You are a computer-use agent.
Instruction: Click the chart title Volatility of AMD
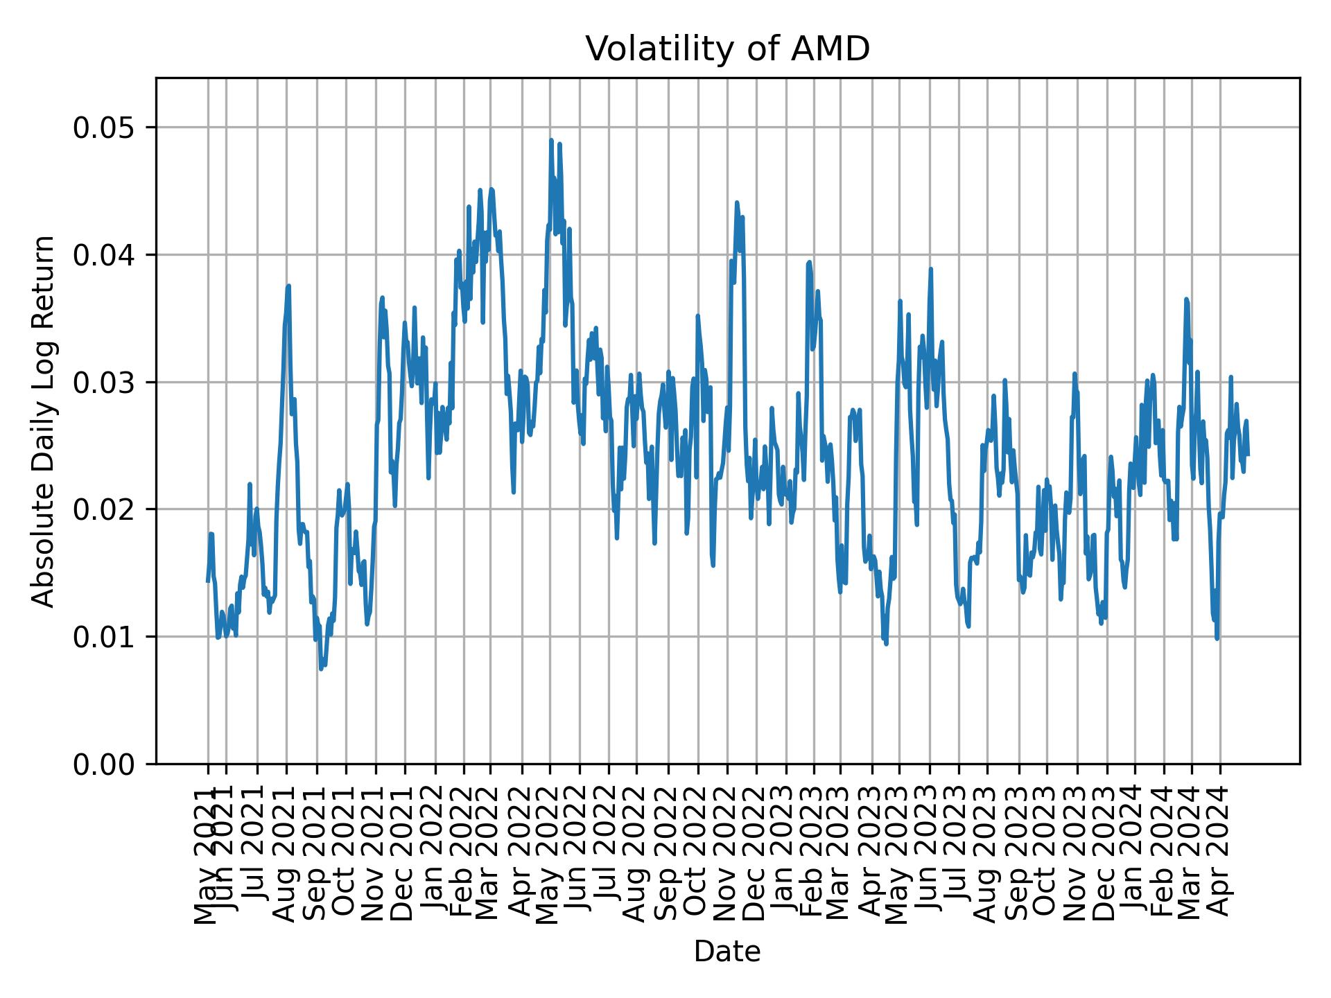click(727, 49)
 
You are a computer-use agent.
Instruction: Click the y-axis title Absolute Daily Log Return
click(44, 421)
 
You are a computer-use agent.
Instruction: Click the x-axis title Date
click(727, 952)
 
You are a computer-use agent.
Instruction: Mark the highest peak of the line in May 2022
click(551, 140)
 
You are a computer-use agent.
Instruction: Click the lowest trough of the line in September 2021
click(321, 669)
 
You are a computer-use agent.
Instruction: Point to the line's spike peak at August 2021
click(288, 286)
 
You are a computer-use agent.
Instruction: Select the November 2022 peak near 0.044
click(737, 202)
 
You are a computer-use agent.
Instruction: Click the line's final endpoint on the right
click(1248, 455)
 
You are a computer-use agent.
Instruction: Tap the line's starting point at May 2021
click(208, 581)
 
